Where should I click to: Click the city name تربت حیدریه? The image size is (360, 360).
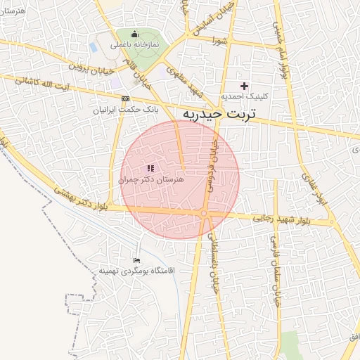219,112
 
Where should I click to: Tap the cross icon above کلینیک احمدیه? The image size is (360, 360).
244,86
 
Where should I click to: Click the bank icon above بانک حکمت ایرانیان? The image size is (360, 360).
125,99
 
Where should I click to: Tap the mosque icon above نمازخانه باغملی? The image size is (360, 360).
135,34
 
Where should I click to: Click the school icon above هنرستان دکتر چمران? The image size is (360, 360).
150,169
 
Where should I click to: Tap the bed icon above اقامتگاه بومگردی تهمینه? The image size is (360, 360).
136,261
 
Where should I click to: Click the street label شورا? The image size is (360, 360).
221,40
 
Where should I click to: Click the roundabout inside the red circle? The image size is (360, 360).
203,213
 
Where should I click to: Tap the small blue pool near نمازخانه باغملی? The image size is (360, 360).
93,47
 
